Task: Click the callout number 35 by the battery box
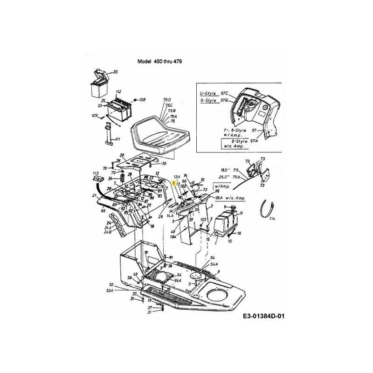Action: pyautogui.click(x=115, y=72)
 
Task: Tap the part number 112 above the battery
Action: pyautogui.click(x=118, y=91)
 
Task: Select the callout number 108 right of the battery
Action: pyautogui.click(x=142, y=100)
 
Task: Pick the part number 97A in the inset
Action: pyautogui.click(x=254, y=140)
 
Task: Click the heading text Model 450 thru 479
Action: pyautogui.click(x=159, y=62)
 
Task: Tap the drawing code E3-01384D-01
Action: pyautogui.click(x=263, y=317)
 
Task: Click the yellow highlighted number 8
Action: pyautogui.click(x=173, y=184)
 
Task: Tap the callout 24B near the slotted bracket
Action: pyautogui.click(x=108, y=232)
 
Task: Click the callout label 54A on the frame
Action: pyautogui.click(x=214, y=264)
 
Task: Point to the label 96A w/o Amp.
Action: pyautogui.click(x=228, y=198)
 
